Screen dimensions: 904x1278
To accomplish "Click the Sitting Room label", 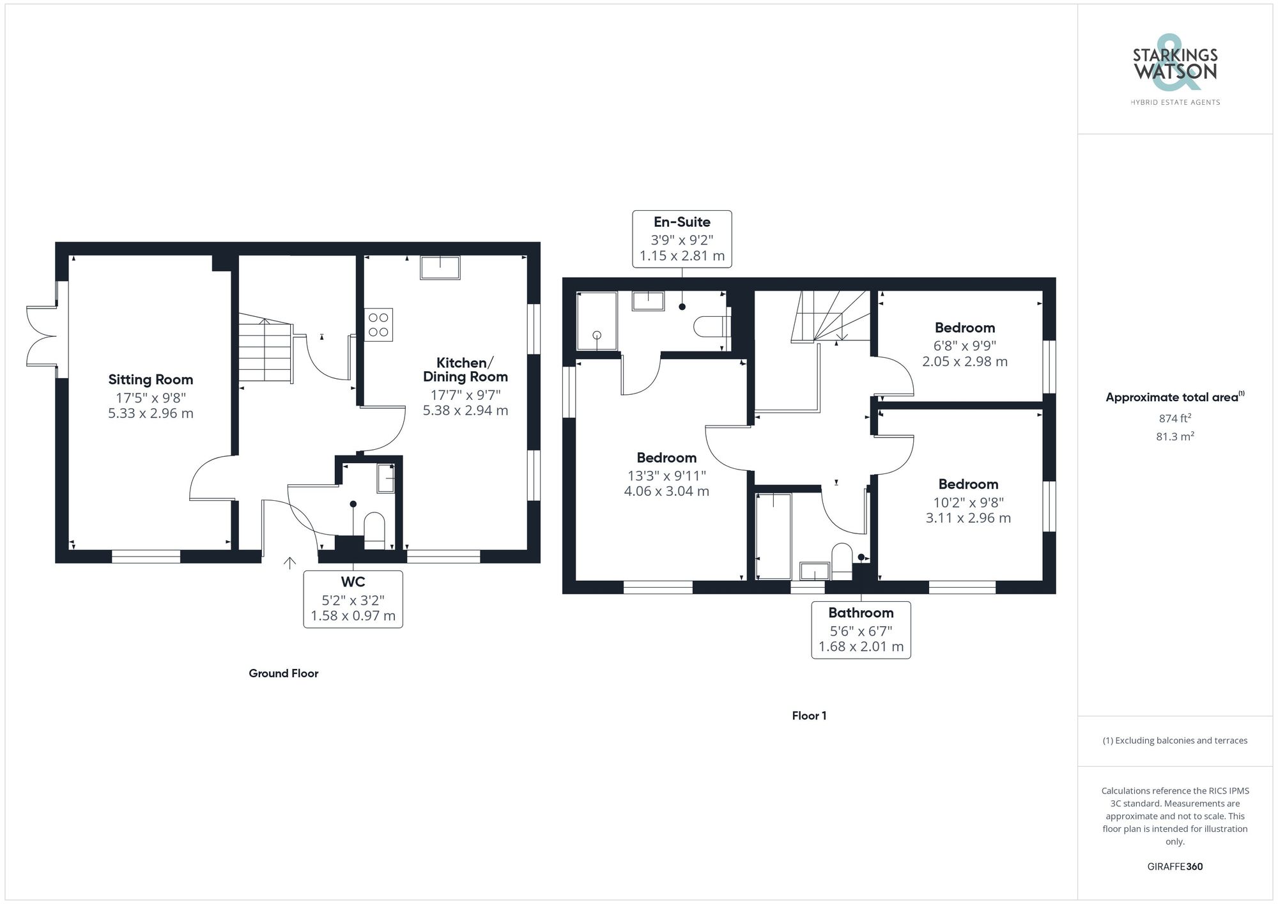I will [150, 379].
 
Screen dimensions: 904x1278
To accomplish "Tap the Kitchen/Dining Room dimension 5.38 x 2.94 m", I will [465, 411].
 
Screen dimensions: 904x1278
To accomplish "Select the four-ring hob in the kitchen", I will [378, 325].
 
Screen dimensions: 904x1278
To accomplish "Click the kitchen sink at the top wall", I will [440, 268].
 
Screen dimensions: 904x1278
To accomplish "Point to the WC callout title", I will [353, 581].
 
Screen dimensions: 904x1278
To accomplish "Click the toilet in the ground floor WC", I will [374, 530].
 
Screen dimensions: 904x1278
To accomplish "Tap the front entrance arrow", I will [289, 563].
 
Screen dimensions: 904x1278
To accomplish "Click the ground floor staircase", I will [266, 350].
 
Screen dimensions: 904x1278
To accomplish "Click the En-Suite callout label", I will [682, 222].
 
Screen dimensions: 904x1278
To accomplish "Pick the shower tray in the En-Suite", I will [597, 321].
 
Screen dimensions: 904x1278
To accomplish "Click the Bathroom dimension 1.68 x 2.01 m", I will [861, 647].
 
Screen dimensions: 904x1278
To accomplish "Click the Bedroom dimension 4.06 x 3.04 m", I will [666, 491].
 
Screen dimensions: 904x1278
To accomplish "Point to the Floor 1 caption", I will [808, 716].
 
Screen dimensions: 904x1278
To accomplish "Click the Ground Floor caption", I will [283, 673].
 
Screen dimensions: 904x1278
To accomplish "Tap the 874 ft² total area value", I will [1174, 418].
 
